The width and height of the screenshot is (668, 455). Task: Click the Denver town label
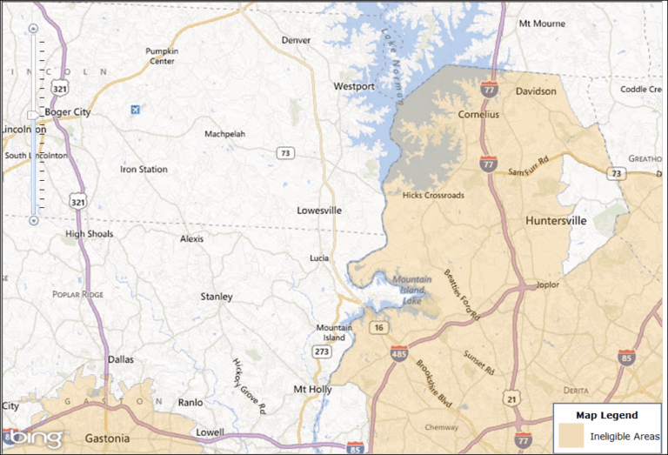tap(296, 40)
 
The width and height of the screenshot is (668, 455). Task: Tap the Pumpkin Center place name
tap(161, 56)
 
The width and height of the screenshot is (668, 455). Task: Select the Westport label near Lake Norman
tap(354, 87)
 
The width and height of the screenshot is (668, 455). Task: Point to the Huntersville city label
tap(556, 221)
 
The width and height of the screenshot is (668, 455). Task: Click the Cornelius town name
tap(478, 114)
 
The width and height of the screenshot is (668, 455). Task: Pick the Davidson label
tap(535, 91)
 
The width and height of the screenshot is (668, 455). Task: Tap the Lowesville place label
tap(319, 211)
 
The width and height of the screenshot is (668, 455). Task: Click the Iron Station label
tap(144, 170)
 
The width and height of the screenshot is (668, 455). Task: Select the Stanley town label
tap(217, 297)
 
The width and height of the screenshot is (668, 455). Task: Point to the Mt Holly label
tap(312, 390)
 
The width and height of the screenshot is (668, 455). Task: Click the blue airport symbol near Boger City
tap(134, 110)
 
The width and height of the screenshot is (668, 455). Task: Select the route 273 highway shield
tap(322, 351)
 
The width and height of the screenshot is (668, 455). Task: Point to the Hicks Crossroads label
tap(433, 196)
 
